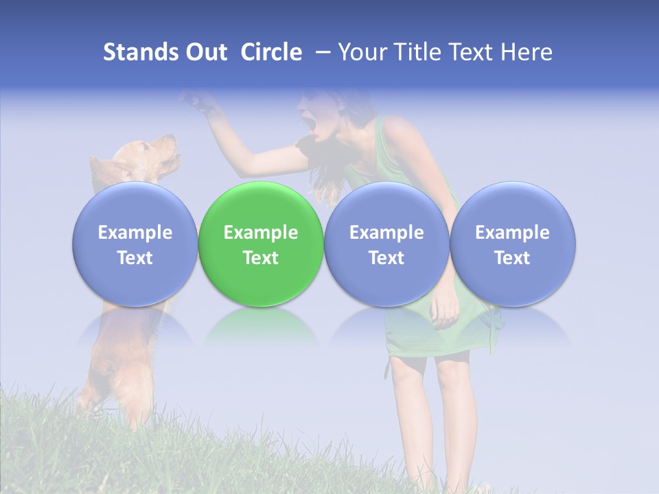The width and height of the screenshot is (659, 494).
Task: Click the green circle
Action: pyautogui.click(x=261, y=244)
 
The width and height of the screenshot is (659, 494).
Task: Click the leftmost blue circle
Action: pyautogui.click(x=135, y=244)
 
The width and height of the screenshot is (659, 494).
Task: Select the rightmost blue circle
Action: pyautogui.click(x=512, y=244)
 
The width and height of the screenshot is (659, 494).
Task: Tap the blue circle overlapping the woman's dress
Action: pyautogui.click(x=386, y=244)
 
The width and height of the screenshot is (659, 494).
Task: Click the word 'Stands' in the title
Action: pyautogui.click(x=141, y=52)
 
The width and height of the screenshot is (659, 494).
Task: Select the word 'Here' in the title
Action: pyautogui.click(x=527, y=52)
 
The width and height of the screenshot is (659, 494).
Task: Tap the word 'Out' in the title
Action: pyautogui.click(x=207, y=52)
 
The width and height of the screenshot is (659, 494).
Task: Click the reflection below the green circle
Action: pyautogui.click(x=261, y=326)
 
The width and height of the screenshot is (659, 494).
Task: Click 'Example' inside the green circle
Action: pyautogui.click(x=261, y=233)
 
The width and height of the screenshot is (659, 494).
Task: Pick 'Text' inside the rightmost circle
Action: pyautogui.click(x=512, y=258)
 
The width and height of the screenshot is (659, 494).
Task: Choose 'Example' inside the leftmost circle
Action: pyautogui.click(x=135, y=233)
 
